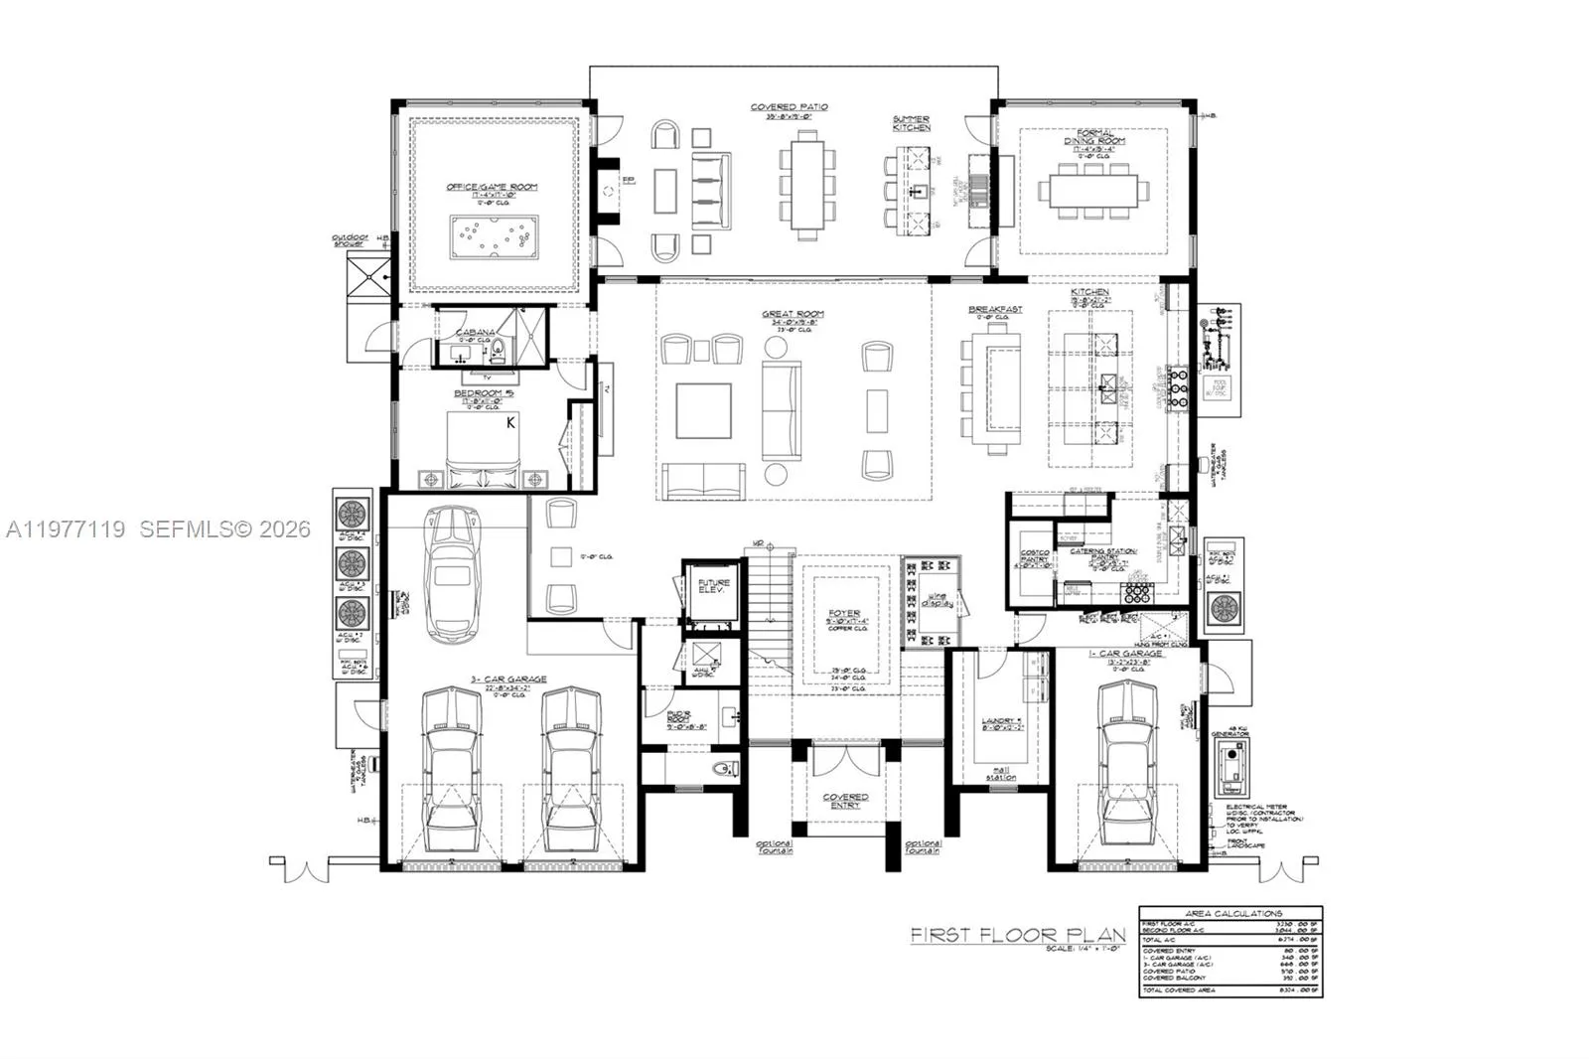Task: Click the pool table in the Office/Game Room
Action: click(494, 235)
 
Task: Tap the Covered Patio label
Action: click(789, 107)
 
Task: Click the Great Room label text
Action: click(793, 315)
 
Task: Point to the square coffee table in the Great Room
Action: click(703, 410)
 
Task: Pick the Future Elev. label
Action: click(713, 586)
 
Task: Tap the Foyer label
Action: click(844, 614)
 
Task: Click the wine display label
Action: click(938, 599)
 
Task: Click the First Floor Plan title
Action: click(1018, 934)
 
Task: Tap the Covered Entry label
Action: click(845, 801)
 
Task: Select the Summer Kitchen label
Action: click(911, 124)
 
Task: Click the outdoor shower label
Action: click(351, 240)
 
